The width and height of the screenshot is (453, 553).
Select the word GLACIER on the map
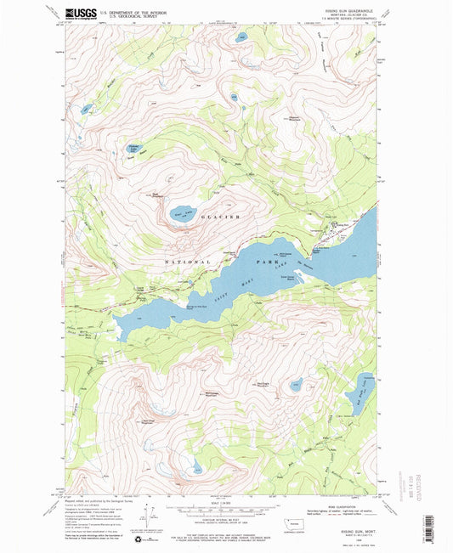click(220, 218)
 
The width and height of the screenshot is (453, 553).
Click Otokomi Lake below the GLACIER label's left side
click(182, 212)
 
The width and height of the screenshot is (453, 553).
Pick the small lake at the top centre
click(241, 38)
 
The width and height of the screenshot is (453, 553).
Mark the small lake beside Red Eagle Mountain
click(295, 384)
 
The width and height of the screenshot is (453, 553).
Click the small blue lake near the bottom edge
click(197, 466)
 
